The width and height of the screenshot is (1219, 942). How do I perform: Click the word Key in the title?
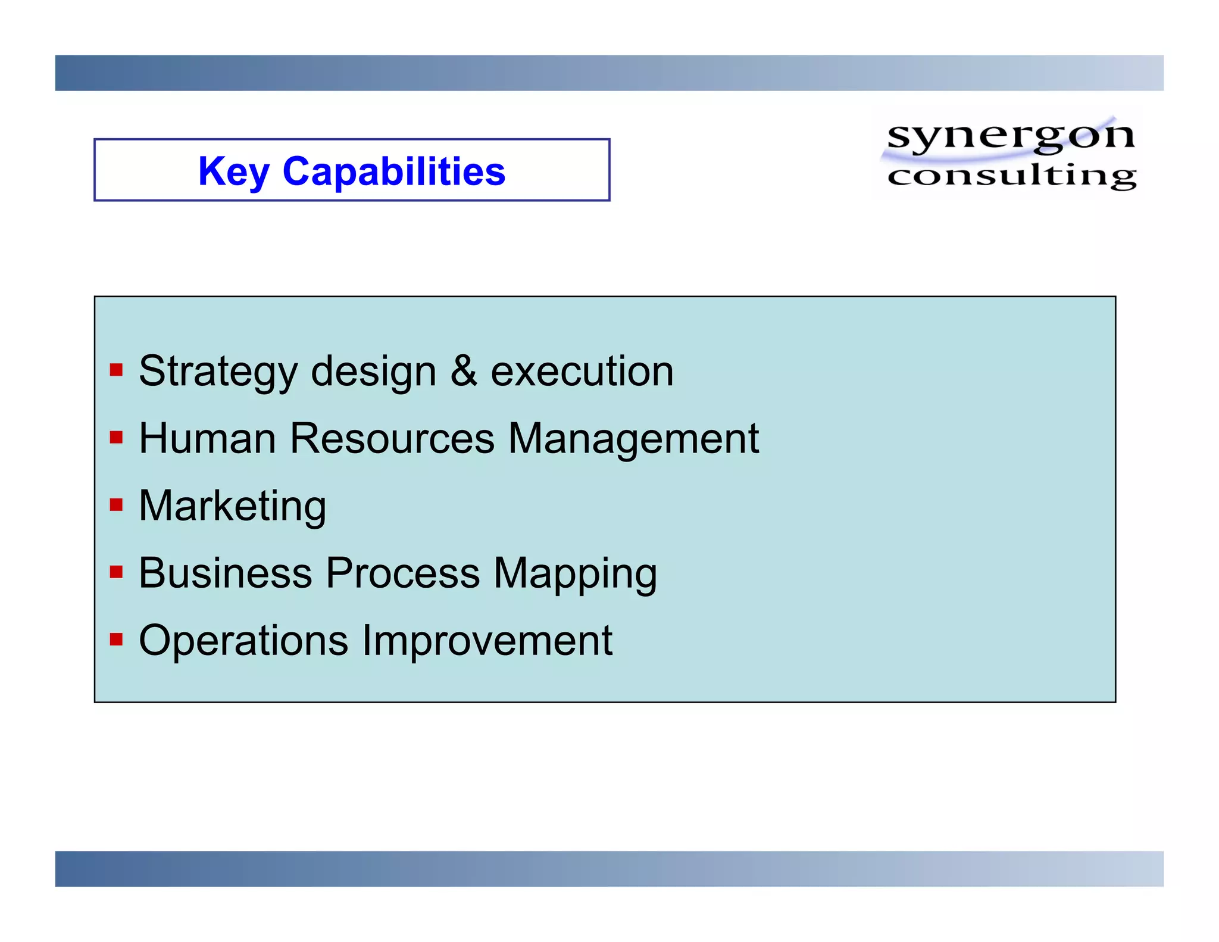(233, 171)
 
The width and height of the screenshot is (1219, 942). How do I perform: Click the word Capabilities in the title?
(393, 171)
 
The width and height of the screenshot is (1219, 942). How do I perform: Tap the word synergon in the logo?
(1010, 136)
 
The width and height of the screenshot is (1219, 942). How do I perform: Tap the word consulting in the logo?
(1011, 176)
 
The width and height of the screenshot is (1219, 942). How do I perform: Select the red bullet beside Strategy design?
(116, 370)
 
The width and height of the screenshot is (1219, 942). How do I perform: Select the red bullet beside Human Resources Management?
(116, 438)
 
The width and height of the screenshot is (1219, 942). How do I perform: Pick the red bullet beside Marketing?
(116, 505)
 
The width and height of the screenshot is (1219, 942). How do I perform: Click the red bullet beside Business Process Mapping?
(116, 572)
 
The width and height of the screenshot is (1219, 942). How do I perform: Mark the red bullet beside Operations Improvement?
(116, 640)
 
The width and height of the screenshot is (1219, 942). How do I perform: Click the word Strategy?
(218, 372)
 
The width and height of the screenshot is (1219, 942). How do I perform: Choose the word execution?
(582, 372)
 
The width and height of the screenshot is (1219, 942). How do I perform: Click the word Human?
(207, 438)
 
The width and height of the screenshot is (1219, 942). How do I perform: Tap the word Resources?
(392, 438)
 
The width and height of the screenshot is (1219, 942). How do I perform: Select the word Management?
(633, 439)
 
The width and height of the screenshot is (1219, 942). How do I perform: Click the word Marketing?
(232, 506)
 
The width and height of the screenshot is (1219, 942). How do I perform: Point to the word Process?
(402, 573)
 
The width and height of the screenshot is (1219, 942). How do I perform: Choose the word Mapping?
(575, 574)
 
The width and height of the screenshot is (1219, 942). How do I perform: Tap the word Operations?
(243, 641)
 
